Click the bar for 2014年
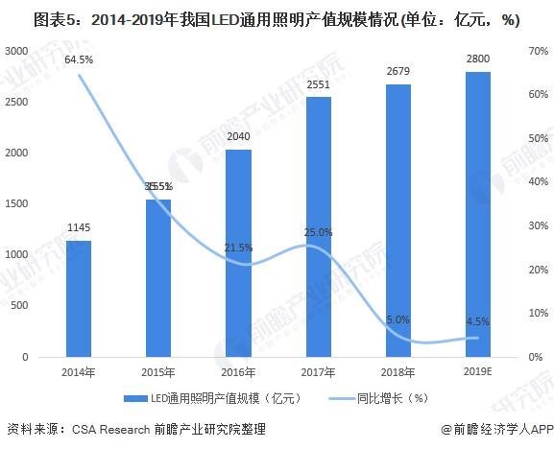pyautogui.click(x=78, y=298)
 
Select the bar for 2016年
pyautogui.click(x=238, y=253)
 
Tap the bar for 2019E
pyautogui.click(x=477, y=214)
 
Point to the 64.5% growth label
pyautogui.click(x=79, y=60)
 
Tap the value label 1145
pyautogui.click(x=78, y=228)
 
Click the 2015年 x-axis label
pyautogui.click(x=158, y=371)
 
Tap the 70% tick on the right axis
pyautogui.click(x=538, y=51)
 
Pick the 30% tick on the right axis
pyautogui.click(x=538, y=225)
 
